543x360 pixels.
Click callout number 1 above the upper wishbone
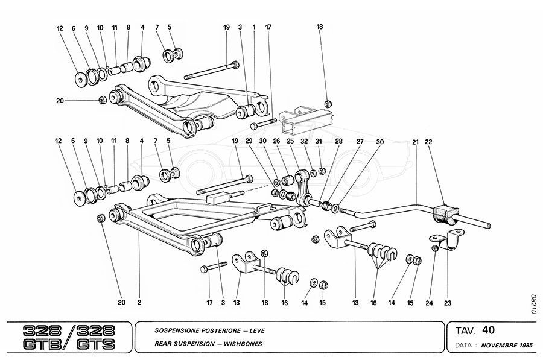tap(255, 27)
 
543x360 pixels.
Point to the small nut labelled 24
tap(434, 247)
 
